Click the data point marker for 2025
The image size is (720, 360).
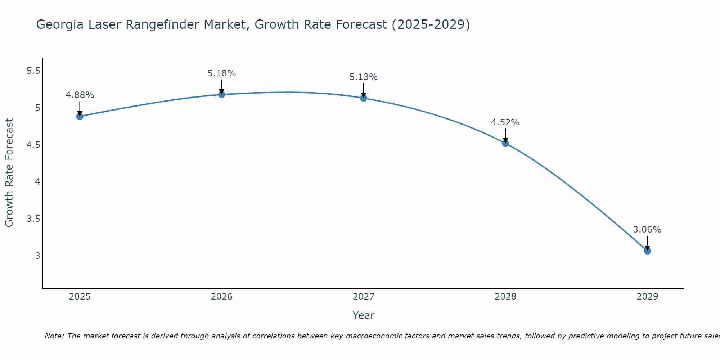80,116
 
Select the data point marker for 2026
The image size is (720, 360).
222,94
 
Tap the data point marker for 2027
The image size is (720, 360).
364,98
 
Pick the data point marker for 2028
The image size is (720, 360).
505,143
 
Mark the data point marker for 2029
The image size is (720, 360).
647,251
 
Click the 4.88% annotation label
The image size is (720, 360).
80,95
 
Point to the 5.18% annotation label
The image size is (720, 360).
222,73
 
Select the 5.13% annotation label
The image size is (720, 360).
364,77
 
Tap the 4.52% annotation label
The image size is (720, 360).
505,122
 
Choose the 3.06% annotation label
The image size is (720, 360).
647,230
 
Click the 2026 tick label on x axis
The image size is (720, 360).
222,297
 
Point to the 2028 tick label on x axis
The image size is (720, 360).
505,297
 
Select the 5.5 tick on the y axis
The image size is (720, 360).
33,71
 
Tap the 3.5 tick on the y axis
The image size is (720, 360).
33,219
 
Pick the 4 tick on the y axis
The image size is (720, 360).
37,182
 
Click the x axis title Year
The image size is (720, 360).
364,315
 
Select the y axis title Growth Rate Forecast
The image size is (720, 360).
9,173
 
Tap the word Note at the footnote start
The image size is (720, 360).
54,336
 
